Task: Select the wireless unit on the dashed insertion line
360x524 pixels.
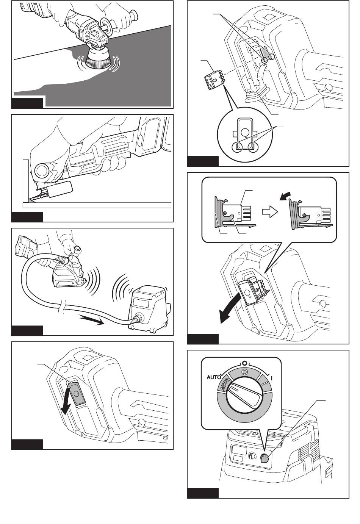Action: tap(214, 79)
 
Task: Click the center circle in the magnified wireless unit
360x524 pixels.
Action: tap(245, 132)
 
